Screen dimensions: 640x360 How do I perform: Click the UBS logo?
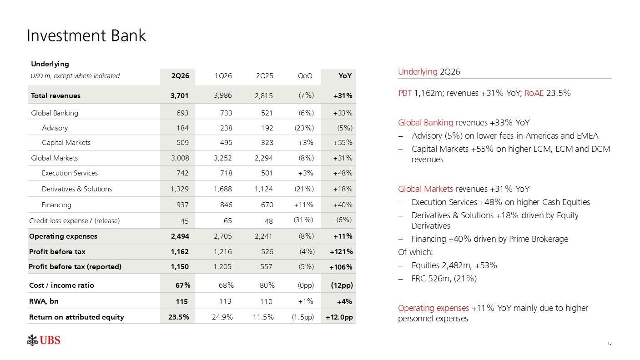[43, 340]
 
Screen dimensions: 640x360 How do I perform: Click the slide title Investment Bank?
[86, 36]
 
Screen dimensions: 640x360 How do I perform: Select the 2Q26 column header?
[180, 75]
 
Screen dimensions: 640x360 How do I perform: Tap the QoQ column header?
[305, 75]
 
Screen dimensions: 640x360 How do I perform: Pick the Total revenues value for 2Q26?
[179, 95]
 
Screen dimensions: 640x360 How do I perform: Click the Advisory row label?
[55, 128]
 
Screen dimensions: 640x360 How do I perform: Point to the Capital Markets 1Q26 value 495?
[226, 142]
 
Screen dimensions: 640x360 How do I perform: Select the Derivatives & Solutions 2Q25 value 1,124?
[264, 189]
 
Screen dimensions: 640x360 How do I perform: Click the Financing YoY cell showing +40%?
[343, 205]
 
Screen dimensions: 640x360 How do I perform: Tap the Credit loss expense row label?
[74, 221]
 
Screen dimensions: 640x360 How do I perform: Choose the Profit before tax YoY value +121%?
[341, 251]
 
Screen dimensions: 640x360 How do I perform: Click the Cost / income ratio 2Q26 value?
[183, 285]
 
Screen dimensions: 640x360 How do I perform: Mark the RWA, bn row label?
[44, 301]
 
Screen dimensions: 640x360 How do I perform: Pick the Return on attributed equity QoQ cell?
[302, 317]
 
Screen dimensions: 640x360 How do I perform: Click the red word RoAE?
[534, 93]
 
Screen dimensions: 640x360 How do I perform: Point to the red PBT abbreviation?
[405, 93]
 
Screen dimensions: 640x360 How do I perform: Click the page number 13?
[610, 343]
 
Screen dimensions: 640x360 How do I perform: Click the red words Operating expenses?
[433, 308]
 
